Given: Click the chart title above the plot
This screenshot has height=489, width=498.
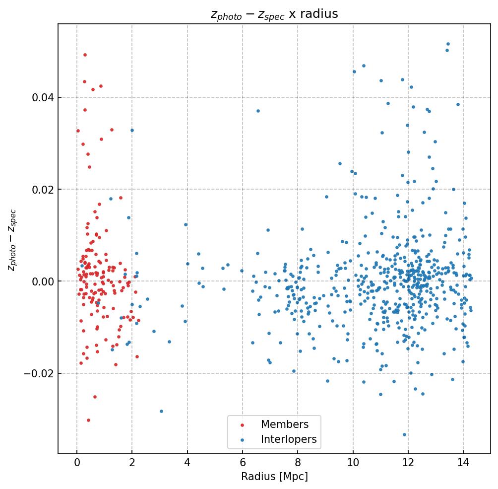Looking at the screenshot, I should [x=274, y=14].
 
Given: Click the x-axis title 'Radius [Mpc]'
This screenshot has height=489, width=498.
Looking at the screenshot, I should [x=274, y=477].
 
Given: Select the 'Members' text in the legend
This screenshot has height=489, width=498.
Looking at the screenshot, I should [x=285, y=425].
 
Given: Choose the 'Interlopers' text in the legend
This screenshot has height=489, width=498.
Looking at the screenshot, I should [x=289, y=439].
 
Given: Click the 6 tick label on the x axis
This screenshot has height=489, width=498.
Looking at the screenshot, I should [x=243, y=463].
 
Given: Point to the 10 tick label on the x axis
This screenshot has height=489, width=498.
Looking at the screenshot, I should [x=353, y=463].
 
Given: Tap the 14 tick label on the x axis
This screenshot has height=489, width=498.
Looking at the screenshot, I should [x=463, y=463].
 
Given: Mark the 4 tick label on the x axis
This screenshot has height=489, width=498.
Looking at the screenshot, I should [x=187, y=463].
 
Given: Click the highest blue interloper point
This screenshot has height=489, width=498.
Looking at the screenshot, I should [x=448, y=44].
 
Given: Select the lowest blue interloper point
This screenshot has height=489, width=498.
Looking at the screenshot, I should [x=404, y=434].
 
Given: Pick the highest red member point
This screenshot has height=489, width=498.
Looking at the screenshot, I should [x=85, y=55].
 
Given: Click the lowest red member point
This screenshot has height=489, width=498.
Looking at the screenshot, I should [x=88, y=420].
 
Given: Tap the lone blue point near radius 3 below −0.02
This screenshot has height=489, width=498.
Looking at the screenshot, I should [x=161, y=411].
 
